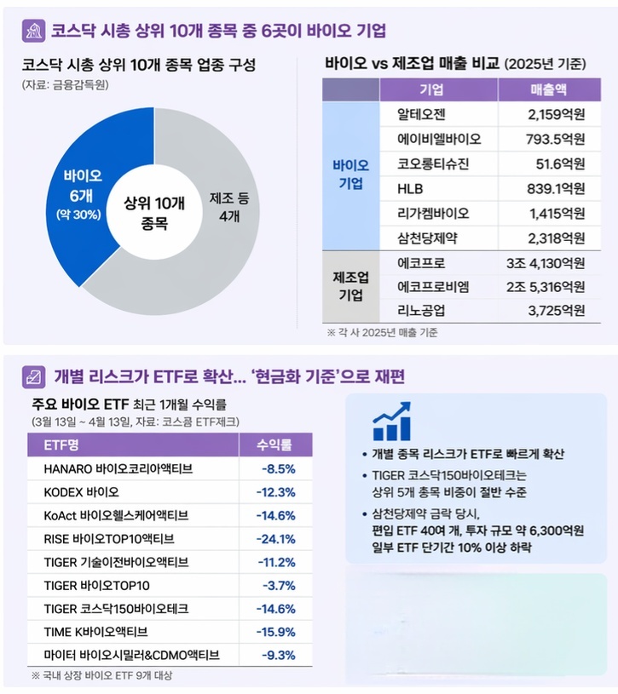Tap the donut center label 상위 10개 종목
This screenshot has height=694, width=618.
[154, 213]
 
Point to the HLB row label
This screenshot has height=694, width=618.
[410, 189]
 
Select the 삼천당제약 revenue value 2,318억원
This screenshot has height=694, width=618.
[556, 238]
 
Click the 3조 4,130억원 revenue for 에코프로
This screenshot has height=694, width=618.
[546, 263]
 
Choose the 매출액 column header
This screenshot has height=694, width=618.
[548, 90]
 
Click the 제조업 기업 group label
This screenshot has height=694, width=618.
[350, 286]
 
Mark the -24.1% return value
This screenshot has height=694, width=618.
[275, 539]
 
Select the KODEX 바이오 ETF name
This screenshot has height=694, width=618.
[82, 492]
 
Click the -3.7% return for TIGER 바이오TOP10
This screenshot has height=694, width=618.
[279, 586]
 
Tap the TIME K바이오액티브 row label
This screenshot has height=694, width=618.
[95, 632]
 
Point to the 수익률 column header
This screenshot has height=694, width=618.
[274, 445]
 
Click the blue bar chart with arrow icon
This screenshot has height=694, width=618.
[391, 421]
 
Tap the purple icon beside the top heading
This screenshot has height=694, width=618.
[33, 31]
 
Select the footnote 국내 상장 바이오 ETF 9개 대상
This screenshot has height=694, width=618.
[102, 676]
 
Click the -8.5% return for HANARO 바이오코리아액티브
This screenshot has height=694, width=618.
[279, 469]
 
